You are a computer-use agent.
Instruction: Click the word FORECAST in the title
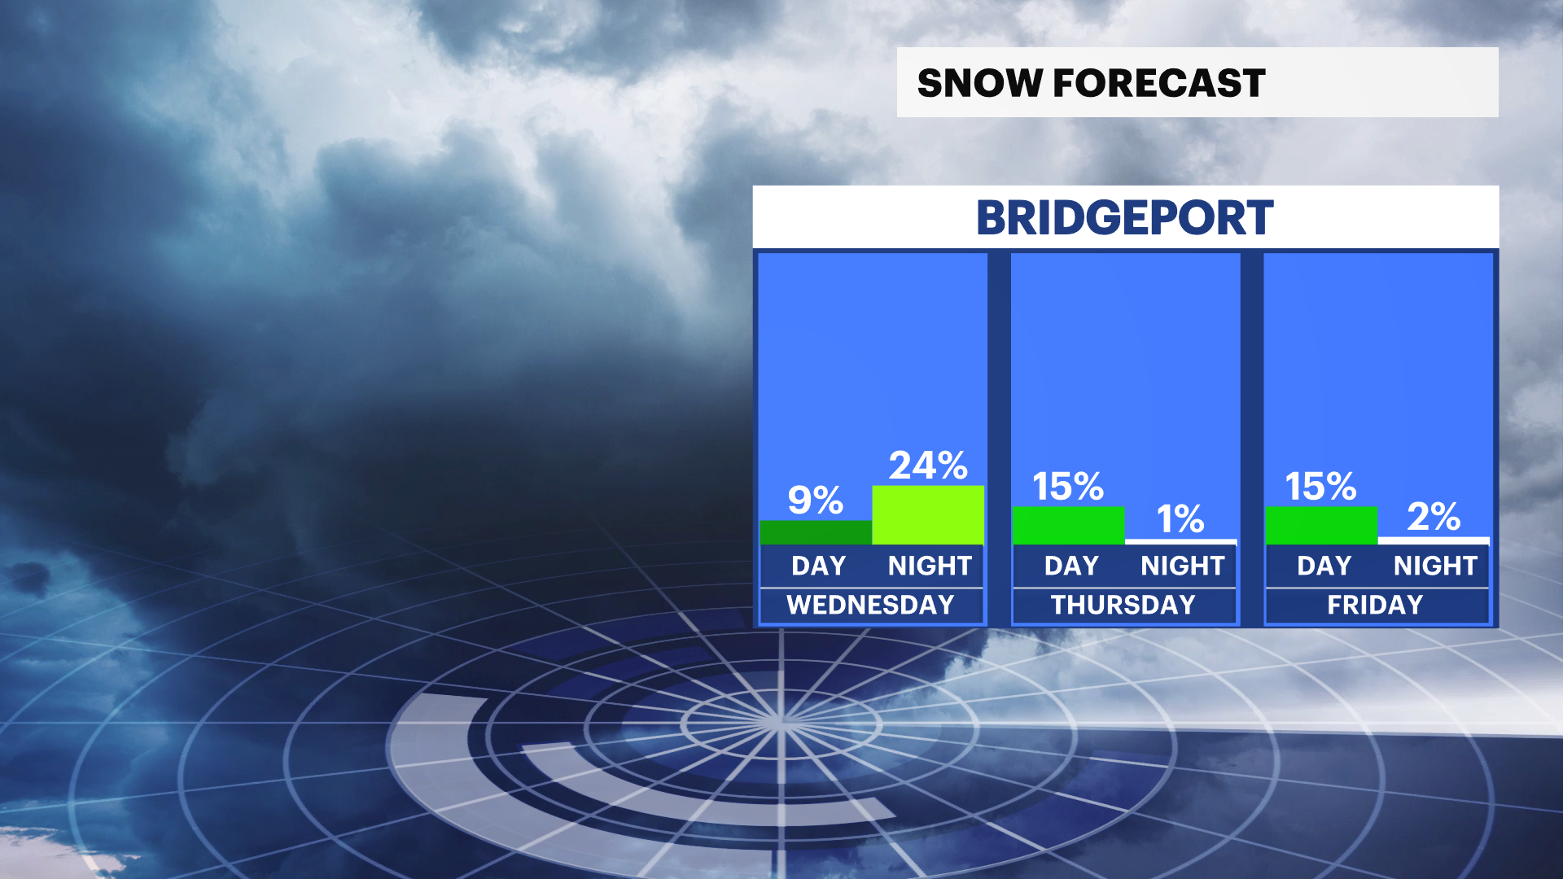click(x=1159, y=83)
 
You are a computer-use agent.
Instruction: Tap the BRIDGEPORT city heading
click(x=1125, y=218)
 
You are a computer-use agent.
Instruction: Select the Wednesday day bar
click(x=816, y=532)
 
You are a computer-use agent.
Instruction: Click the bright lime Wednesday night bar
click(x=928, y=515)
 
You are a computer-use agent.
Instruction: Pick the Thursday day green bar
click(x=1069, y=526)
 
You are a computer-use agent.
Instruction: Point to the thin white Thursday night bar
click(x=1181, y=542)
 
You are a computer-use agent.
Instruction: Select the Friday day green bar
click(x=1322, y=526)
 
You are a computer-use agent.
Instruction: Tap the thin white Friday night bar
click(x=1434, y=541)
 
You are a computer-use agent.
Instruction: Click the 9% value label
click(x=816, y=500)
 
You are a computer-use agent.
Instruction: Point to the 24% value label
click(x=928, y=466)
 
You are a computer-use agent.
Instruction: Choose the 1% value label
click(x=1181, y=519)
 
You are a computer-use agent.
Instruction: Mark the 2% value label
click(x=1434, y=517)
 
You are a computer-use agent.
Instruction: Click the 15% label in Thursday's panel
click(x=1068, y=487)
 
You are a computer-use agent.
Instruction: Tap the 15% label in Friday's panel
click(x=1321, y=487)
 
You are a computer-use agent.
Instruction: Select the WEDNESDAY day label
click(x=870, y=605)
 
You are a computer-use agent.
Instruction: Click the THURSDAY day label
click(x=1123, y=605)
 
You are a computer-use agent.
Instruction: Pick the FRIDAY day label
click(x=1376, y=605)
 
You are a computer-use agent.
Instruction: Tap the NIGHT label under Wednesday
click(x=930, y=566)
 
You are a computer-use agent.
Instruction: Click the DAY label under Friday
click(x=1324, y=566)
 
